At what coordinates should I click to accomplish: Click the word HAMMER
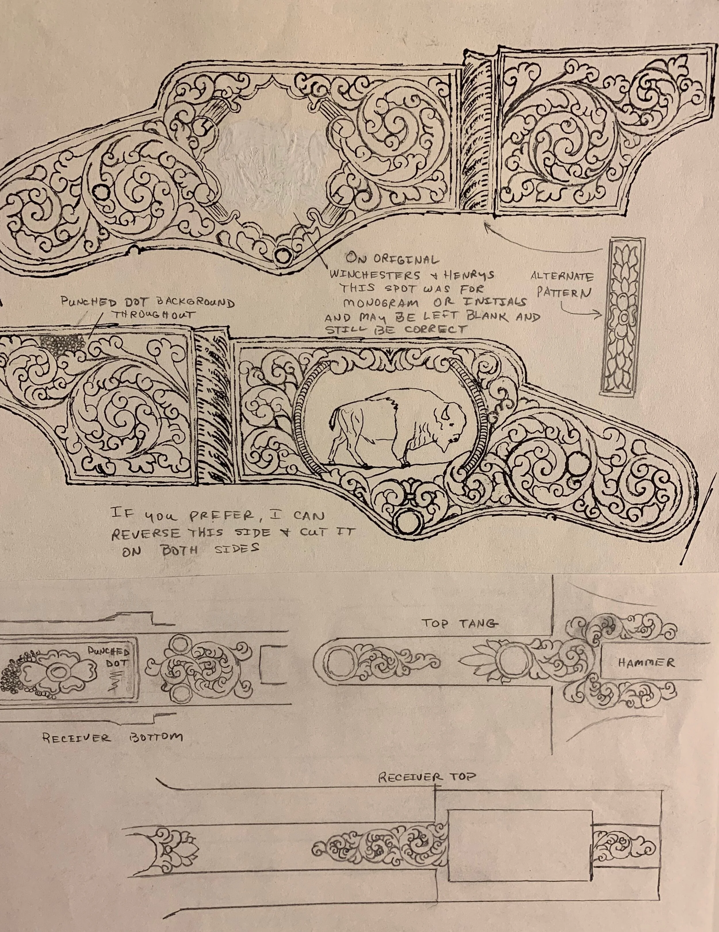[x=646, y=663]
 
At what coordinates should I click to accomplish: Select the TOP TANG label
[x=460, y=624]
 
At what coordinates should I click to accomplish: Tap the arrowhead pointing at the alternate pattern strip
[x=601, y=316]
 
